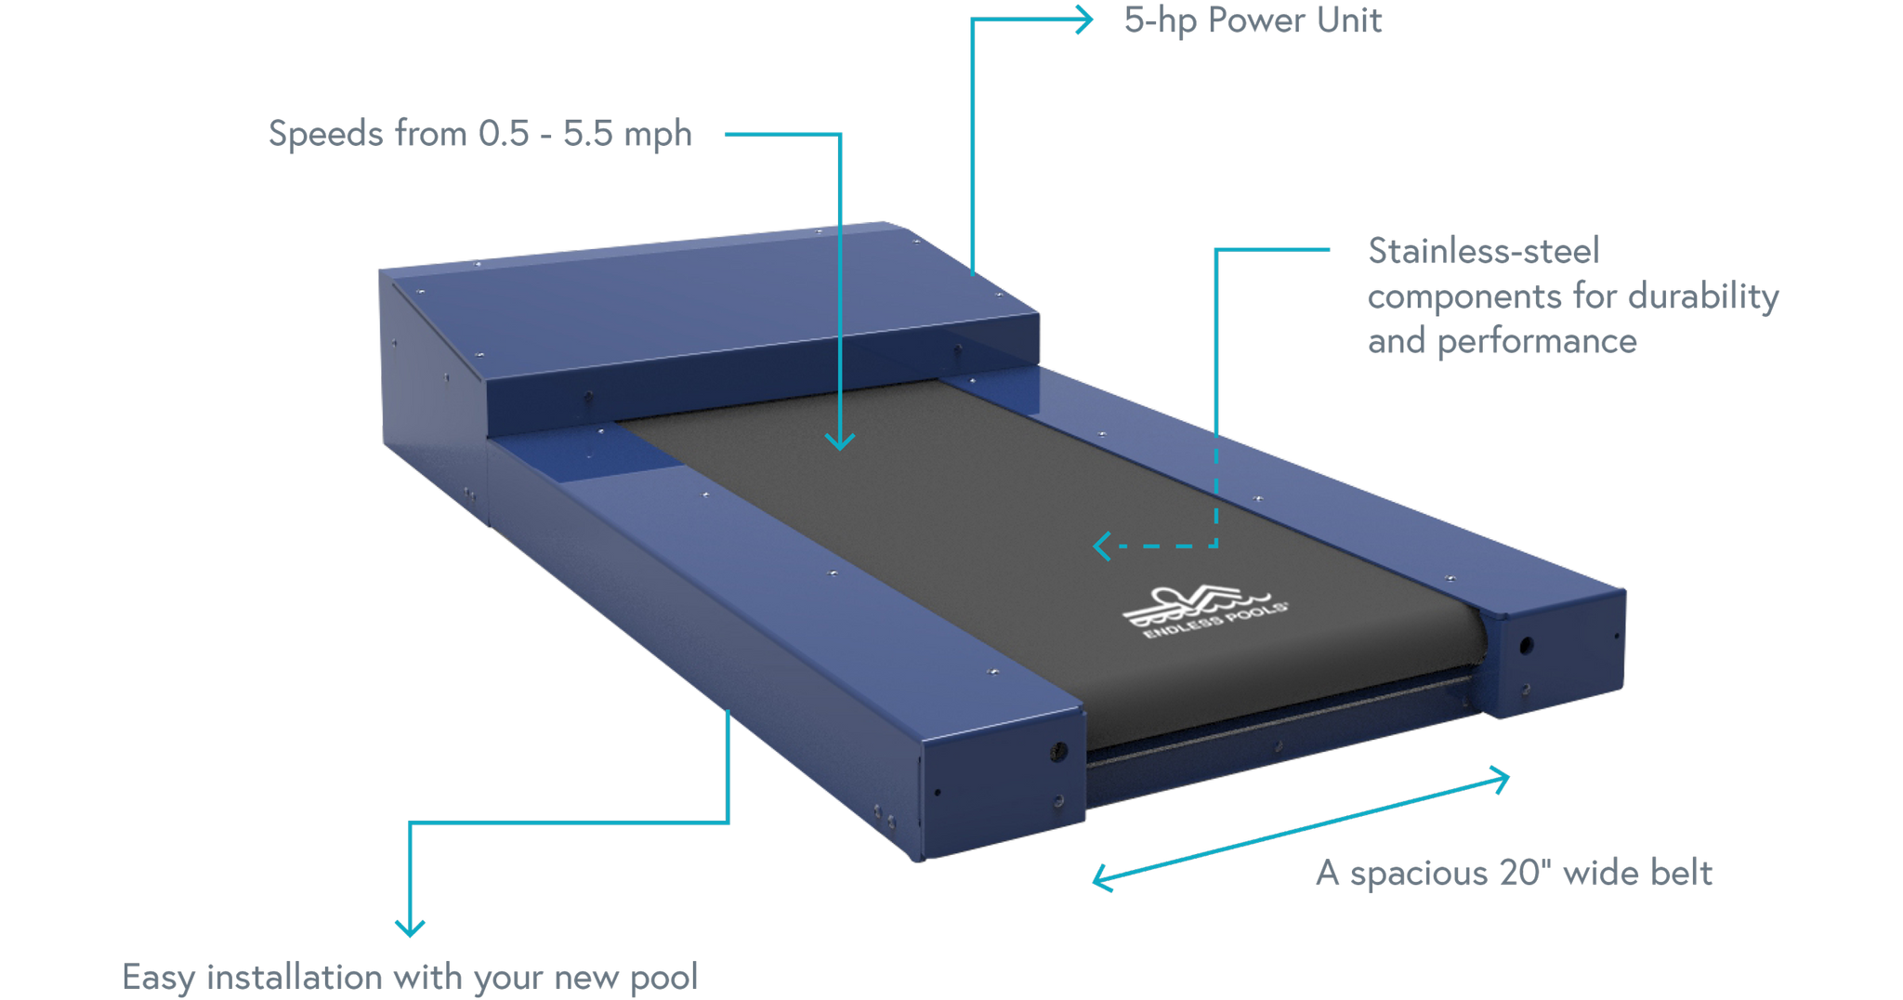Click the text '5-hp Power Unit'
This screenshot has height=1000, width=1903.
pos(1253,20)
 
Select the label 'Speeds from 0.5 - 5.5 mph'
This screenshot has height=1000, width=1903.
pos(480,134)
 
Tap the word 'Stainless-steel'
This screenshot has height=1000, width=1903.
pos(1484,250)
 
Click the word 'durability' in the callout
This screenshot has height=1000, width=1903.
pos(1703,296)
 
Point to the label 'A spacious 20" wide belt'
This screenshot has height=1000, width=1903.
pos(1514,873)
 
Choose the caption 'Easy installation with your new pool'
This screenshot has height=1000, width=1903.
pos(410,977)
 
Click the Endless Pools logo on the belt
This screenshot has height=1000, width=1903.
pos(1204,611)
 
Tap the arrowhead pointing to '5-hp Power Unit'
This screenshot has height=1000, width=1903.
pos(1083,20)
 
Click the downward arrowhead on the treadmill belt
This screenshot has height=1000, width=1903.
pos(840,441)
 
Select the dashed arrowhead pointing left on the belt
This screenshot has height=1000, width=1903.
pos(1102,546)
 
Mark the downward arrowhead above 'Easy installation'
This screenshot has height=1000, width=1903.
pos(410,927)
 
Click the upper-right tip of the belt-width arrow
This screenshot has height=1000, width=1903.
pos(1508,776)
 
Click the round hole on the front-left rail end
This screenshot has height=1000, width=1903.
pos(1057,752)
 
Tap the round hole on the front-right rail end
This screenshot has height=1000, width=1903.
pos(1526,645)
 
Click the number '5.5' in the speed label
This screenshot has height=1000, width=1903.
pos(588,134)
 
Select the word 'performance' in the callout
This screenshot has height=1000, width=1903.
pos(1537,342)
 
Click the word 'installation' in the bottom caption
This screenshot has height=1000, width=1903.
pos(295,977)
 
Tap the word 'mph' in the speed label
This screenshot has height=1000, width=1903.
pos(658,136)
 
